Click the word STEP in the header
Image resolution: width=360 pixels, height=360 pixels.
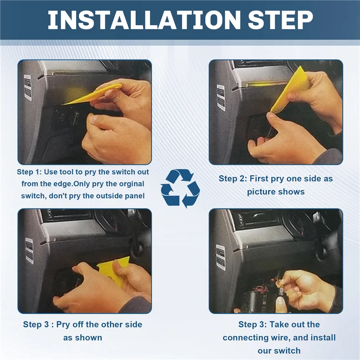click(280, 20)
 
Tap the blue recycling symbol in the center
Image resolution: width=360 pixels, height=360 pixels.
click(180, 188)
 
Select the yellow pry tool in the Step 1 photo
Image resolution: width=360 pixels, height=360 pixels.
click(92, 94)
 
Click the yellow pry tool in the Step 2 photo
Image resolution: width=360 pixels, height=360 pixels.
click(290, 90)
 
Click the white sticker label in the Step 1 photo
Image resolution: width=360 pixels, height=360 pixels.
click(28, 87)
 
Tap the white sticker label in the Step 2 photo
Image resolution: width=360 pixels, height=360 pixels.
click(221, 98)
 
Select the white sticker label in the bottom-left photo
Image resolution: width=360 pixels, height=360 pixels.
click(29, 250)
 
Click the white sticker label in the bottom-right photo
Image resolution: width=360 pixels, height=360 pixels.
click(220, 257)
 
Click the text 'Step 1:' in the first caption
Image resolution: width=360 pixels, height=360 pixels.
click(29, 172)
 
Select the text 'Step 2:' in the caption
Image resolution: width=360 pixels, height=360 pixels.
click(233, 178)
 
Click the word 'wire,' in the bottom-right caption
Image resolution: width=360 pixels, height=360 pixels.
click(280, 337)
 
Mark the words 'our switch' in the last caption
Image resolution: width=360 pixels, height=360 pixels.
click(279, 351)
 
